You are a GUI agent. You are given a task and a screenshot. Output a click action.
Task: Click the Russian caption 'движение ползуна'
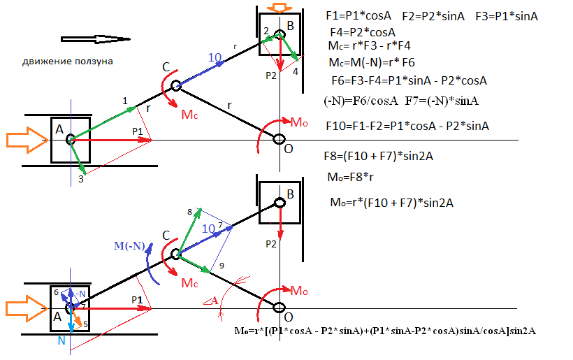[68, 62]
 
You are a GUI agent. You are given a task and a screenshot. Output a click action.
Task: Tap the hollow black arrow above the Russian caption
[95, 39]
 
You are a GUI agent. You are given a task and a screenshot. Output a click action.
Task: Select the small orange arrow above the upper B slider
[280, 8]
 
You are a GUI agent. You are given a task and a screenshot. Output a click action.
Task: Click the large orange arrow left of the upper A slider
[27, 140]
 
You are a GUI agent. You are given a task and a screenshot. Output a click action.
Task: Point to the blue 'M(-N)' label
[129, 245]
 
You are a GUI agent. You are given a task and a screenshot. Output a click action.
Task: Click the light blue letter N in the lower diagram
[61, 340]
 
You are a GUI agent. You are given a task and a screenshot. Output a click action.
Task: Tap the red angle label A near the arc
[211, 301]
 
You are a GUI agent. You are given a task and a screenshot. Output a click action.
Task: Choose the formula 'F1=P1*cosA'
[358, 15]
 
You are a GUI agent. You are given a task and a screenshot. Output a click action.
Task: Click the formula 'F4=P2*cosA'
[363, 32]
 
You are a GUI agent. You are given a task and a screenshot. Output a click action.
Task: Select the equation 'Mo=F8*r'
[351, 178]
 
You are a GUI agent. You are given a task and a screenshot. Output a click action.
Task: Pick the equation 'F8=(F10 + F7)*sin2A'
[379, 157]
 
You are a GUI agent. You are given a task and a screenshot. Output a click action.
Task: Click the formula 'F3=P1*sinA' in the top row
[507, 16]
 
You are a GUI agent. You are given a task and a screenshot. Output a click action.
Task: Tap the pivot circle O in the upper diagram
[280, 139]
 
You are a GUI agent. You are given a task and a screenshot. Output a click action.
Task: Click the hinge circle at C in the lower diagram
[176, 254]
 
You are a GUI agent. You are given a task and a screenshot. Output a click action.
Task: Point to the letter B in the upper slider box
[291, 26]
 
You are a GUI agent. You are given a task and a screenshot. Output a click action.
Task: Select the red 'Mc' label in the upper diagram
[189, 115]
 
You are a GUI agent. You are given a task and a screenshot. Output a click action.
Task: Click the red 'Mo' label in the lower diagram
[299, 291]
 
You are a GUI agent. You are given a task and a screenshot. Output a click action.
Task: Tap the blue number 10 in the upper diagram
[215, 57]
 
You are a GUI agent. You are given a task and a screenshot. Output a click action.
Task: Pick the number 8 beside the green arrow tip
[189, 213]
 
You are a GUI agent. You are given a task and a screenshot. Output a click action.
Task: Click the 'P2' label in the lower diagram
[271, 244]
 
